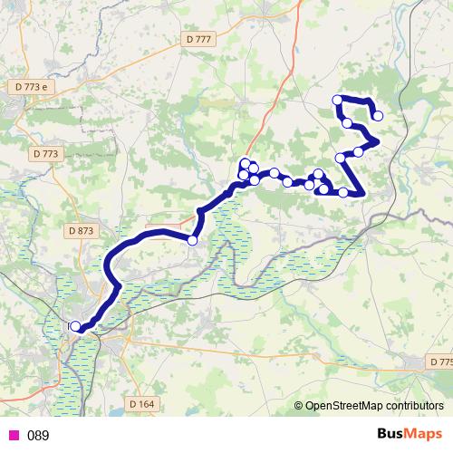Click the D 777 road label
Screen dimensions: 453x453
(197, 39)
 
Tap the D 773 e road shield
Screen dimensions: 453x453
(31, 86)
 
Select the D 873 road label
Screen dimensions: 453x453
(81, 231)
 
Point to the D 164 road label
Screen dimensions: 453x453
(141, 403)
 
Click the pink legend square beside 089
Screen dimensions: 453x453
(14, 436)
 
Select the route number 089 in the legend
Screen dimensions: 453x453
(38, 436)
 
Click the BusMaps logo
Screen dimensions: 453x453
(409, 435)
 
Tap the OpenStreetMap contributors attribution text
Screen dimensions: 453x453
(373, 405)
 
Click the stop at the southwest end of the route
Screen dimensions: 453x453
(74, 326)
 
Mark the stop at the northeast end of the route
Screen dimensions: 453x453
(377, 115)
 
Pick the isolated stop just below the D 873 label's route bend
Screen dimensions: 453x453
(192, 240)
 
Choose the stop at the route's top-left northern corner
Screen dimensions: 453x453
(338, 100)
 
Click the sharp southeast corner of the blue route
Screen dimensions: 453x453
(361, 193)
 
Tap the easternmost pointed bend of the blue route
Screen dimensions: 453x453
(376, 141)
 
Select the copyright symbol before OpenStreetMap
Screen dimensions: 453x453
(300, 405)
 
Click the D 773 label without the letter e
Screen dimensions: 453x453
(44, 154)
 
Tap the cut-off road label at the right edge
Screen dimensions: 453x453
(441, 361)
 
